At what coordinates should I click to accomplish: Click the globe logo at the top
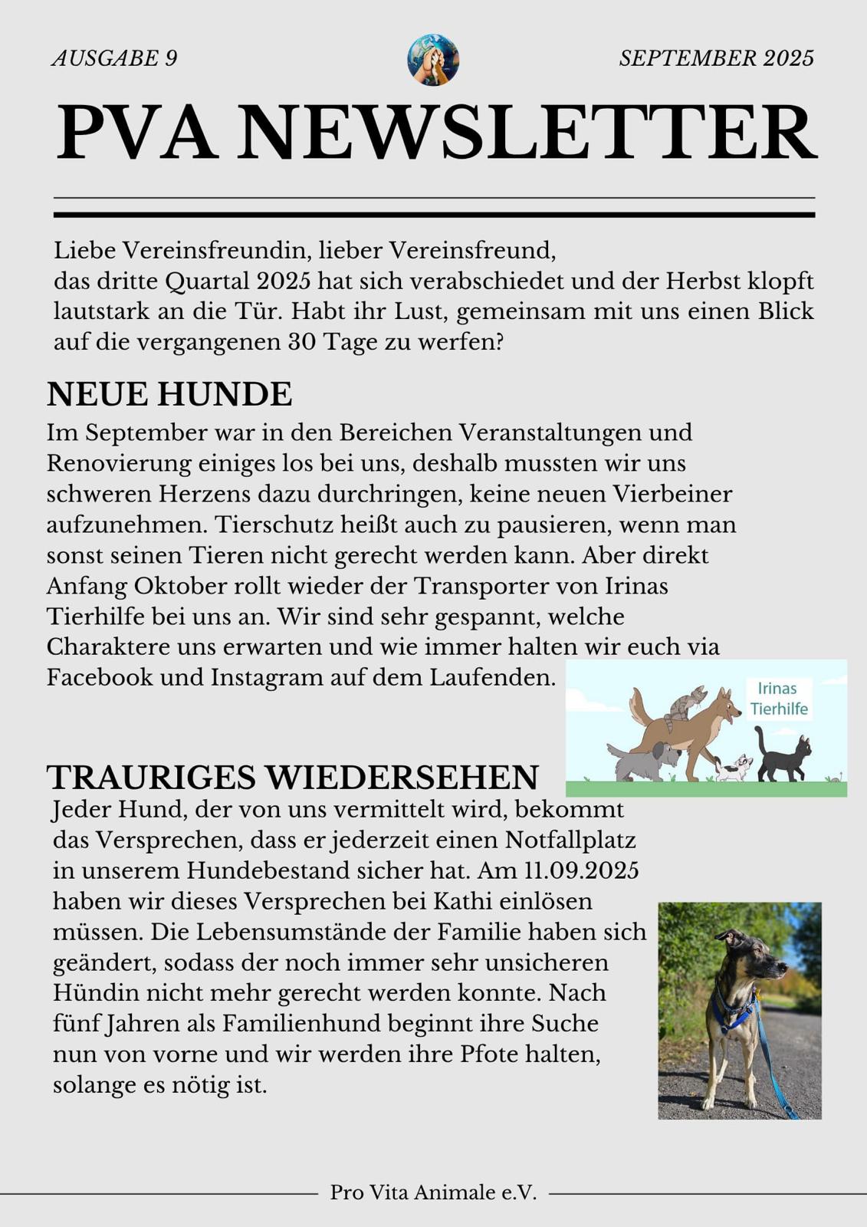(x=433, y=59)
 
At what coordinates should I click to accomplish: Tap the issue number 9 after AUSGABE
(x=171, y=58)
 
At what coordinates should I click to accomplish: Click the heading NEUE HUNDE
(x=169, y=394)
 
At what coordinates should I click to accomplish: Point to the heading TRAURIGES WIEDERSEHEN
(x=292, y=777)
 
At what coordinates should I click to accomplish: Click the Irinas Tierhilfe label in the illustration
(x=778, y=699)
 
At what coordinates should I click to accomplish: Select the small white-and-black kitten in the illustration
(x=734, y=768)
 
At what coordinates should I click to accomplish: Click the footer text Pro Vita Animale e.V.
(x=433, y=1192)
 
